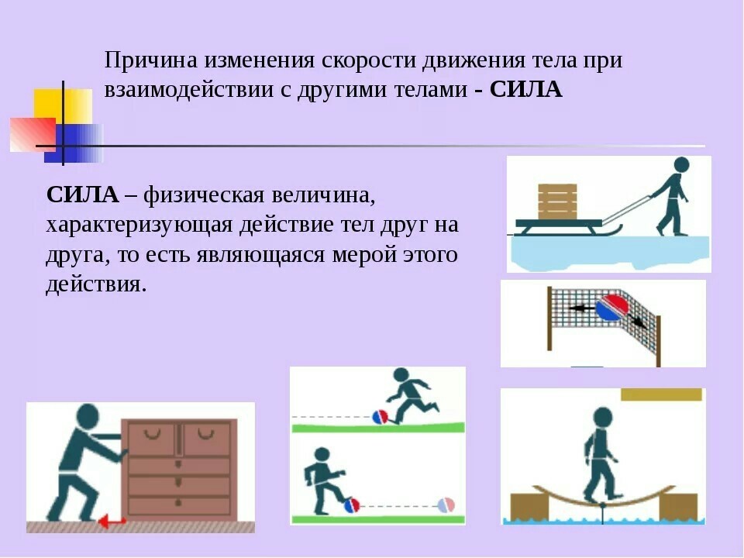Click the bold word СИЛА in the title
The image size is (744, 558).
coord(525,89)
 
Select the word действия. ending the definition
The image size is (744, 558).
coord(96,284)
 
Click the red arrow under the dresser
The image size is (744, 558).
coord(112,522)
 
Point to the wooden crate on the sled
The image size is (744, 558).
coord(557,201)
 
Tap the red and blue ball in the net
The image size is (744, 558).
coord(611,308)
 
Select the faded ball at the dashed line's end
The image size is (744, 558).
coord(446,505)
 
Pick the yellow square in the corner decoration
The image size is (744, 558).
coord(63,107)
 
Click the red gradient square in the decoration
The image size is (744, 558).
coord(33,135)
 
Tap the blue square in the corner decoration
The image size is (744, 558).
coord(74,143)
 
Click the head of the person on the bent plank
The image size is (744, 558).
coord(603,417)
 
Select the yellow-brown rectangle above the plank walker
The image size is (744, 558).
coord(661,394)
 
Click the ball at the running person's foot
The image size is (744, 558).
coord(380,417)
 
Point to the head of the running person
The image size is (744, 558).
coord(401,375)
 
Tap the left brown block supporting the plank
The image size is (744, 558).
coord(529,507)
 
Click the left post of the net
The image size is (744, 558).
coord(549,319)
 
